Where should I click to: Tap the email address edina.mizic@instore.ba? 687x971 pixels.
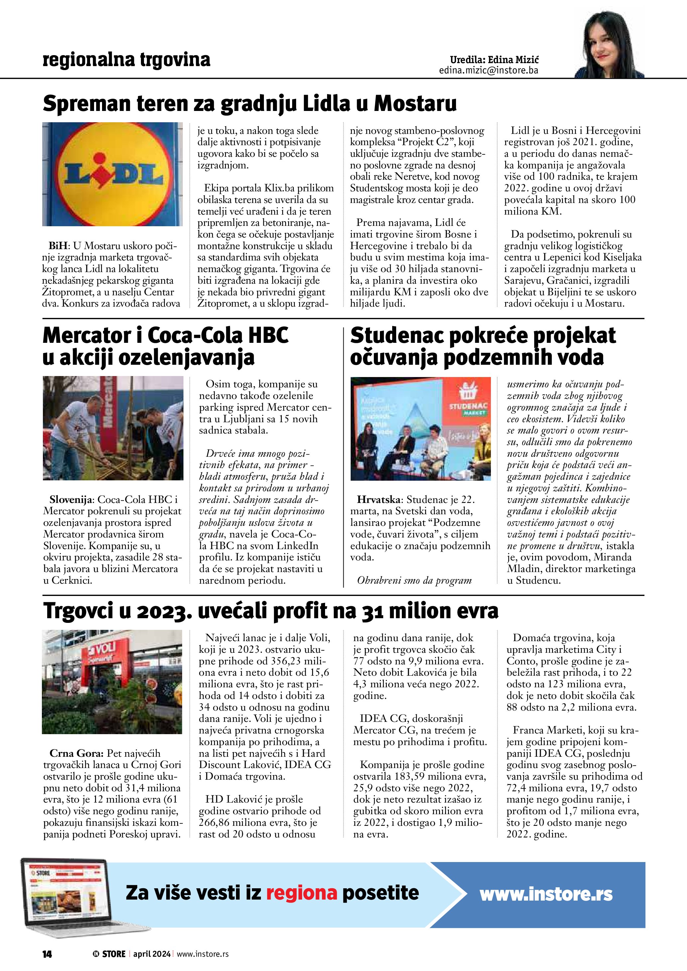coord(488,70)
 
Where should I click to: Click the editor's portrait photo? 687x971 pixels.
coord(609,45)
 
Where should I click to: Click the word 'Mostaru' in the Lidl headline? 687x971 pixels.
coord(415,104)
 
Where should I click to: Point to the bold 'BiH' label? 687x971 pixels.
coord(58,246)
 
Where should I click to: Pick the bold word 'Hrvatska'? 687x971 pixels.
coord(378,500)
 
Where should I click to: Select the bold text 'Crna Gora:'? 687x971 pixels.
coord(76,753)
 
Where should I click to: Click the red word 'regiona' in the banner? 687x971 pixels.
coord(301,893)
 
